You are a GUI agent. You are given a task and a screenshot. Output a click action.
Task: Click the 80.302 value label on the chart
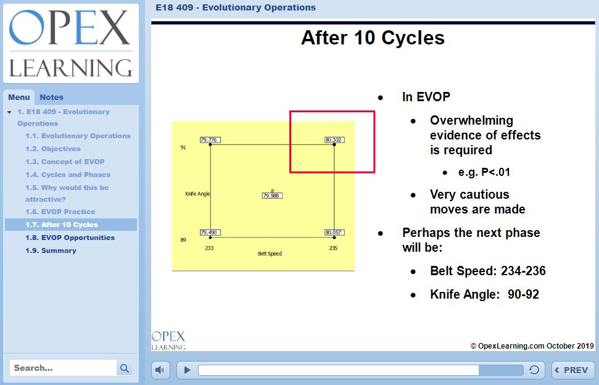[x=334, y=140]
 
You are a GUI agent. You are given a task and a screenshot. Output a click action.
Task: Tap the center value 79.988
[x=272, y=196]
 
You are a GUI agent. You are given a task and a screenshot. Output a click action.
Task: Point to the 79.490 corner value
[x=210, y=233]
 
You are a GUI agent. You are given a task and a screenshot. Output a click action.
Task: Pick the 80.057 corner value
[x=334, y=233]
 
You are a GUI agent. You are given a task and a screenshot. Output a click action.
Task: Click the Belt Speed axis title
[x=270, y=254]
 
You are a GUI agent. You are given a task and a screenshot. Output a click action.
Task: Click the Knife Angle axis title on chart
[x=197, y=194]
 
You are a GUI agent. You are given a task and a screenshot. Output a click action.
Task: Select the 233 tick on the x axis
[x=210, y=247]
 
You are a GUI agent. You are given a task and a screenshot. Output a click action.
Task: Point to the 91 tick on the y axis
[x=183, y=148]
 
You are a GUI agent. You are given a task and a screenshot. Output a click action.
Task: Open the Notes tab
[x=51, y=97]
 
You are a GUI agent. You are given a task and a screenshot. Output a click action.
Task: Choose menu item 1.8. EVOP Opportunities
[x=70, y=238]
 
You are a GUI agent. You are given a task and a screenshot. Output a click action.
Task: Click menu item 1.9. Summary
[x=51, y=250]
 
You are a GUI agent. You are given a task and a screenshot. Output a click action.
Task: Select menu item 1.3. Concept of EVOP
[x=65, y=162]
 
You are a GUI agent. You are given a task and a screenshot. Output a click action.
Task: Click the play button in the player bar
[x=188, y=370]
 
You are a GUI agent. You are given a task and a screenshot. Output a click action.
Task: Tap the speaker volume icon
[x=160, y=370]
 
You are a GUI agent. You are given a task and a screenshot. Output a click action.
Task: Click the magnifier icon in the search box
[x=125, y=368]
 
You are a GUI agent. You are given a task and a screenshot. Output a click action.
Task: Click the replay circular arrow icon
[x=534, y=370]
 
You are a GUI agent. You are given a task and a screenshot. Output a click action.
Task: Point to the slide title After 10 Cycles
[x=373, y=38]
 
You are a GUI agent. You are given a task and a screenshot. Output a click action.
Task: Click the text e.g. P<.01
[x=484, y=172]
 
